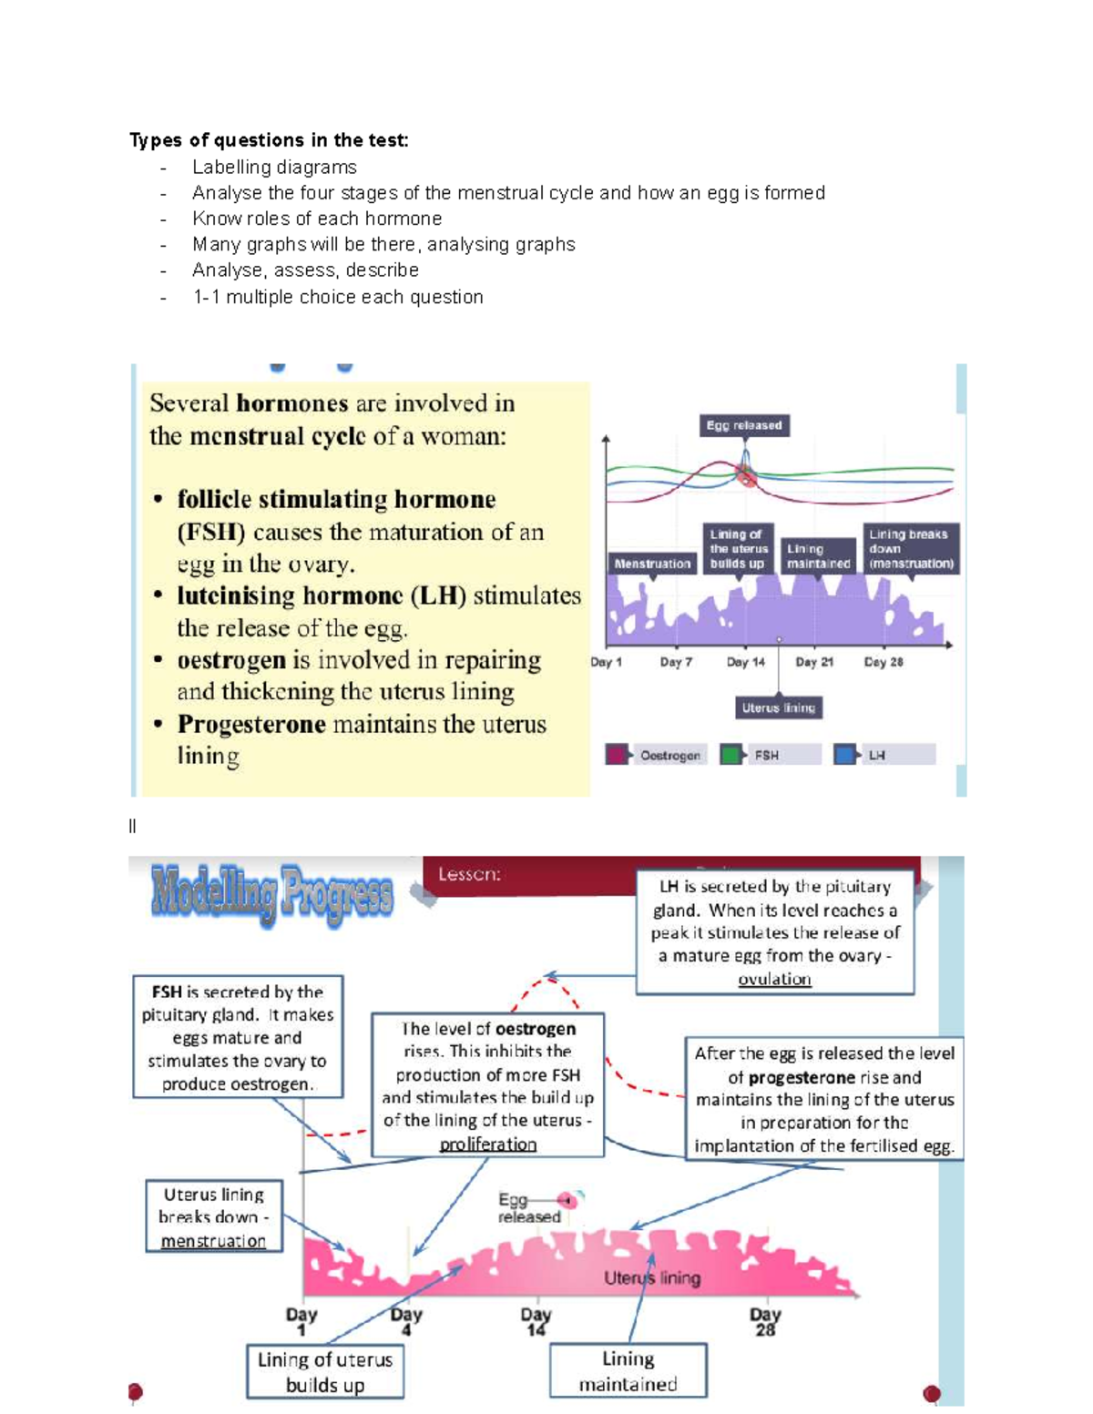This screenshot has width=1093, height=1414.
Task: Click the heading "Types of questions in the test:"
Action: click(x=269, y=140)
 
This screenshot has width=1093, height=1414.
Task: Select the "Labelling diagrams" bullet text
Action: click(x=274, y=168)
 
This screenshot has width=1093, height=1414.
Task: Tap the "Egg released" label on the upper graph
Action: click(x=744, y=425)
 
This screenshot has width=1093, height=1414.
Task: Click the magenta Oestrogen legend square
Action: click(x=616, y=755)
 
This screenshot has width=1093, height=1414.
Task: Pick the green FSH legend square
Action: click(x=730, y=755)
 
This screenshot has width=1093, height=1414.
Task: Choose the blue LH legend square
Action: click(x=844, y=755)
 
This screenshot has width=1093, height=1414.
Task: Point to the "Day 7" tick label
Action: click(x=676, y=663)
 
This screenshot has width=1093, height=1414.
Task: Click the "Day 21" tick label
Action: click(x=814, y=663)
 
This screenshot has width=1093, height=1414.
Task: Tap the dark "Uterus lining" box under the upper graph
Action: click(x=779, y=707)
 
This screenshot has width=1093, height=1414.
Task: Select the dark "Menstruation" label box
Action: click(x=652, y=564)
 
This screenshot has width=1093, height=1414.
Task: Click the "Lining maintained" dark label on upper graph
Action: click(x=818, y=556)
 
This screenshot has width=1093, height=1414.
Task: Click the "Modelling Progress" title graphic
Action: click(x=272, y=895)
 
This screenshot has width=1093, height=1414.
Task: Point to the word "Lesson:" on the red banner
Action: click(x=469, y=875)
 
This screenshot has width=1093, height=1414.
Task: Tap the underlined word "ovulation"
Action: click(x=775, y=980)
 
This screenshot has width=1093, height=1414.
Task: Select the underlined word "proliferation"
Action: click(x=488, y=1144)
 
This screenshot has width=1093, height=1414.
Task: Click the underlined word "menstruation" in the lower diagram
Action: click(x=213, y=1241)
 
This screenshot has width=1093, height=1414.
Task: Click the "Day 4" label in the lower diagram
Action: click(x=406, y=1322)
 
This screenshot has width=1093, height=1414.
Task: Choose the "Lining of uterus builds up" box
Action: click(x=325, y=1372)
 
